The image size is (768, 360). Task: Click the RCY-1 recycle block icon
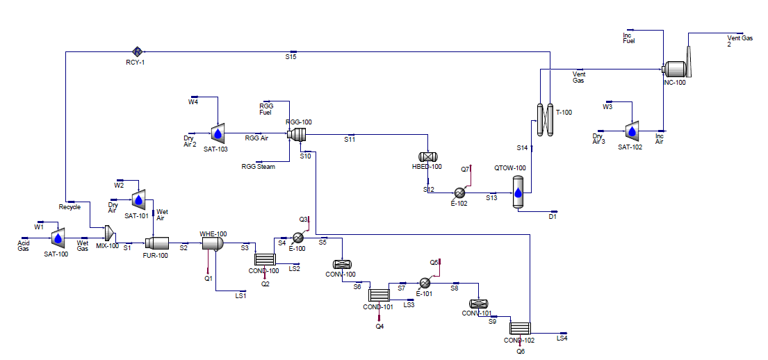(x=138, y=51)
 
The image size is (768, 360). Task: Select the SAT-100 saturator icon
(x=58, y=238)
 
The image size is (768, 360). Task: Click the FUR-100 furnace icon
(x=156, y=243)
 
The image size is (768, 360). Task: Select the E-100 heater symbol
(x=299, y=238)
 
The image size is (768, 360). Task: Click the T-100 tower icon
(x=544, y=120)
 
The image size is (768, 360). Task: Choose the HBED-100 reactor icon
(x=430, y=158)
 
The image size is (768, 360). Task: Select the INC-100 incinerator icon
(x=676, y=68)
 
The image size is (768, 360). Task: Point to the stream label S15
(x=291, y=57)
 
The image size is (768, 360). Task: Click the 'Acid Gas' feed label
(x=24, y=245)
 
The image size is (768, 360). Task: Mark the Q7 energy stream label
(x=465, y=170)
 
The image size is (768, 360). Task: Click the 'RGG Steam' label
(x=258, y=167)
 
